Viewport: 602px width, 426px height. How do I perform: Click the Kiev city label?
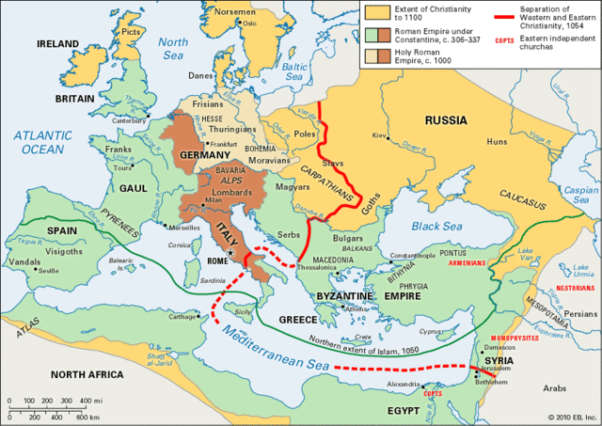coord(379,135)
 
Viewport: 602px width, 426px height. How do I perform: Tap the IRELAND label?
coord(57,44)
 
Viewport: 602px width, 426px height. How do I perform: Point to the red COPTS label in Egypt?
coord(432,394)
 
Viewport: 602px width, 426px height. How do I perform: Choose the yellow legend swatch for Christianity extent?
coord(376,10)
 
